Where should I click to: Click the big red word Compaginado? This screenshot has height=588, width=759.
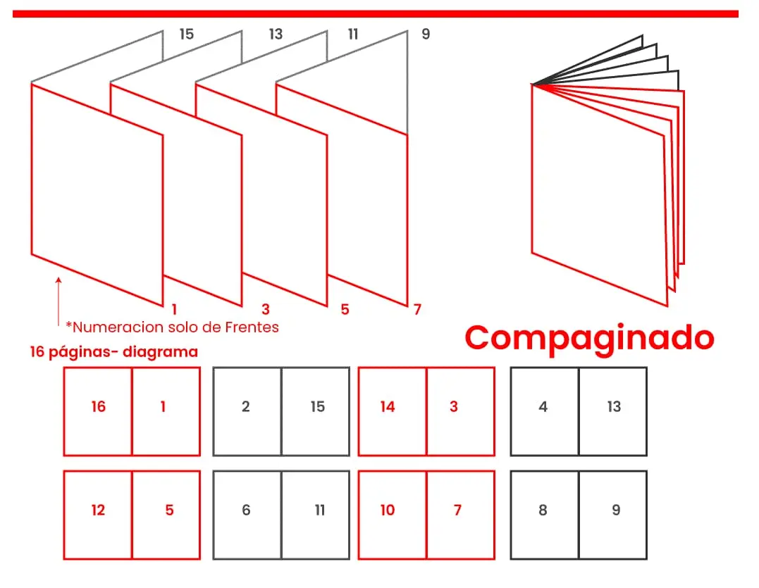click(589, 337)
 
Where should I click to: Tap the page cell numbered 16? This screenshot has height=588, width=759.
click(98, 411)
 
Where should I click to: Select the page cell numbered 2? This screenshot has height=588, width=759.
click(247, 411)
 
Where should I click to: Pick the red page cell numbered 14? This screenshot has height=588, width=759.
click(392, 411)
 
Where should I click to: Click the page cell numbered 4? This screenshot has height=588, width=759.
click(544, 411)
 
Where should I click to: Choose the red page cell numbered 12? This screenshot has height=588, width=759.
click(98, 515)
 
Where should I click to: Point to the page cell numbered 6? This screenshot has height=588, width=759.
click(247, 515)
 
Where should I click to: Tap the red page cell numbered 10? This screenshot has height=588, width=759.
click(392, 515)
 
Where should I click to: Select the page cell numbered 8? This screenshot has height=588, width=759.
click(544, 515)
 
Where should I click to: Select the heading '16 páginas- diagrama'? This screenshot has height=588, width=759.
click(113, 352)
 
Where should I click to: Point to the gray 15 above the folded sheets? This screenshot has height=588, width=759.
click(186, 34)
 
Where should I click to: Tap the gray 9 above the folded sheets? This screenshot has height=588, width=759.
click(425, 34)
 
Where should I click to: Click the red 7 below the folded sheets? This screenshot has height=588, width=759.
click(417, 309)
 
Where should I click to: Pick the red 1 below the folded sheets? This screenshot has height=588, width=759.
click(173, 309)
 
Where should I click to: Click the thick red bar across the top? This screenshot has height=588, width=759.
click(375, 13)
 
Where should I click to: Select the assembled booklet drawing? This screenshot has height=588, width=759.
click(606, 176)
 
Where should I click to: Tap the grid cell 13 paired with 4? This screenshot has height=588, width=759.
click(613, 411)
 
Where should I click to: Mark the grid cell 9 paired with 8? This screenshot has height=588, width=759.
click(613, 515)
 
